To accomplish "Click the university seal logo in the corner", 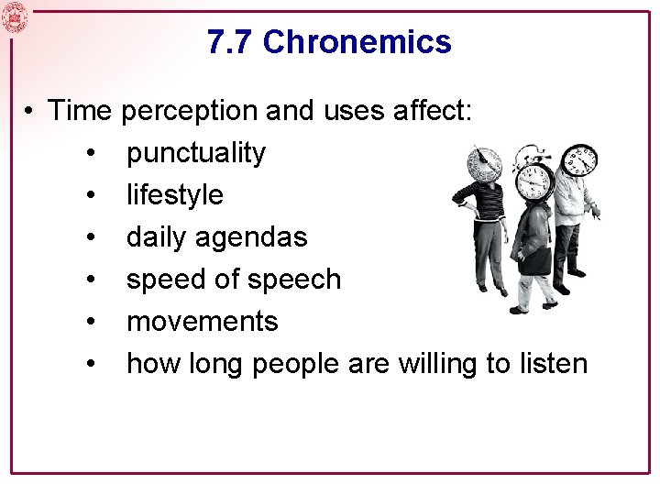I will [16, 17].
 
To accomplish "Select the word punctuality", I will [195, 153].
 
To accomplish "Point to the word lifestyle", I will [174, 195].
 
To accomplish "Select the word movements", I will [202, 322].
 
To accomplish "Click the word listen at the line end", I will [552, 364].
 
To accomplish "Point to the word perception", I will [190, 111].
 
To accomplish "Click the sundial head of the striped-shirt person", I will [485, 164].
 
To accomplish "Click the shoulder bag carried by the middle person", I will [537, 260].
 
